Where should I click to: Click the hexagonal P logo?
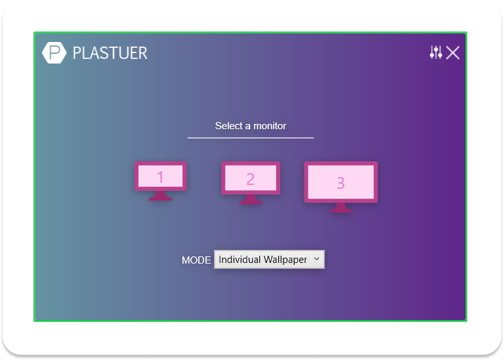click(x=54, y=52)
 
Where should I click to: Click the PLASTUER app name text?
click(x=110, y=53)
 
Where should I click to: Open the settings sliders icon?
click(x=436, y=52)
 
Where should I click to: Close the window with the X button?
click(x=453, y=52)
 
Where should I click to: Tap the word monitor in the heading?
click(x=270, y=125)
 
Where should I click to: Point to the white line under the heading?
click(x=251, y=138)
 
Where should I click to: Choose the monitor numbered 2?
click(x=251, y=183)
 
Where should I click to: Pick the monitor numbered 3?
click(x=341, y=187)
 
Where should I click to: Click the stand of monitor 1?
click(x=160, y=196)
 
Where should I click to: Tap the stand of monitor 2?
click(x=251, y=199)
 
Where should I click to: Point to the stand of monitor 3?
click(x=341, y=207)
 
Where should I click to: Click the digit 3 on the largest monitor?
click(x=341, y=183)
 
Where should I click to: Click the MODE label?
click(x=196, y=260)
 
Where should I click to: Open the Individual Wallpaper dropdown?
click(x=269, y=259)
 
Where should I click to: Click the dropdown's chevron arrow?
click(x=316, y=258)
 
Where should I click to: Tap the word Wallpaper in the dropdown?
click(x=285, y=260)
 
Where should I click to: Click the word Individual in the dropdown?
click(x=240, y=259)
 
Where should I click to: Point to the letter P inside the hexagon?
click(x=54, y=52)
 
